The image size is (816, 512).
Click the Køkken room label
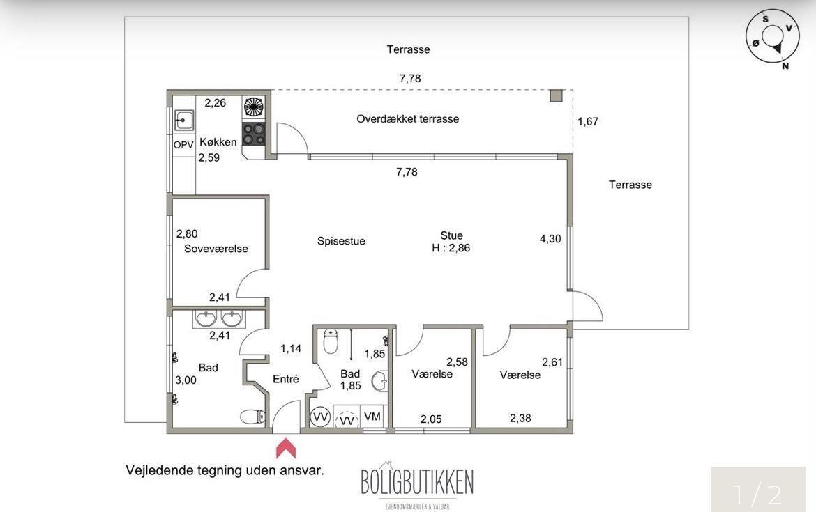pos(218,142)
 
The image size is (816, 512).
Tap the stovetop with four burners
pos(254,134)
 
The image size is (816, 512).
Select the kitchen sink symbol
pos(183,120)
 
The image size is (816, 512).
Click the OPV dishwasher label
pos(183,145)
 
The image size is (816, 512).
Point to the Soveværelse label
pos(216,249)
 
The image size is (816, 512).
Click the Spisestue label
pos(341,241)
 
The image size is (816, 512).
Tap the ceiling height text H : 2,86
pos(451,248)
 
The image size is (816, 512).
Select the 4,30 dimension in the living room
pos(550,239)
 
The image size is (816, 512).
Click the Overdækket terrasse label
pos(408,118)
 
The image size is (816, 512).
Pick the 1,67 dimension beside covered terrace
pos(588,122)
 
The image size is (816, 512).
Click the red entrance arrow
pos(286,448)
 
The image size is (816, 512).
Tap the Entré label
pos(286,379)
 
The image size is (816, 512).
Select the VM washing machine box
pos(372,417)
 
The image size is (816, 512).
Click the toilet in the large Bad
pos(252,417)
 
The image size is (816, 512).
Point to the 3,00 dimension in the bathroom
pos(186,380)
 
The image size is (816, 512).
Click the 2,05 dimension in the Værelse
pos(431,419)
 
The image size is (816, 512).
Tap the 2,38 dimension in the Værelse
pos(520,418)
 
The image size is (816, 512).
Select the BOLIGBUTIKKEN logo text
pos(417,482)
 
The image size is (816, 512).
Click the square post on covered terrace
pos(557,95)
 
